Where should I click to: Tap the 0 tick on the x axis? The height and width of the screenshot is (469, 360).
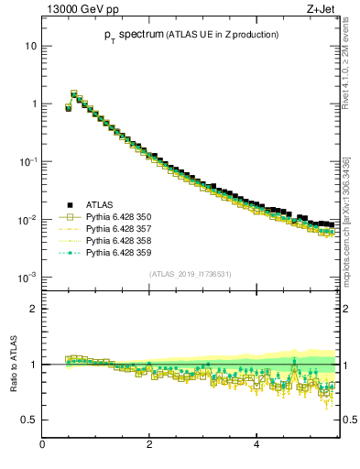[42, 445]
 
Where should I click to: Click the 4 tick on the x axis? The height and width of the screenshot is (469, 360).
[256, 445]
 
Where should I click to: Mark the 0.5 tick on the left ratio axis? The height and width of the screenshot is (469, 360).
[29, 420]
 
